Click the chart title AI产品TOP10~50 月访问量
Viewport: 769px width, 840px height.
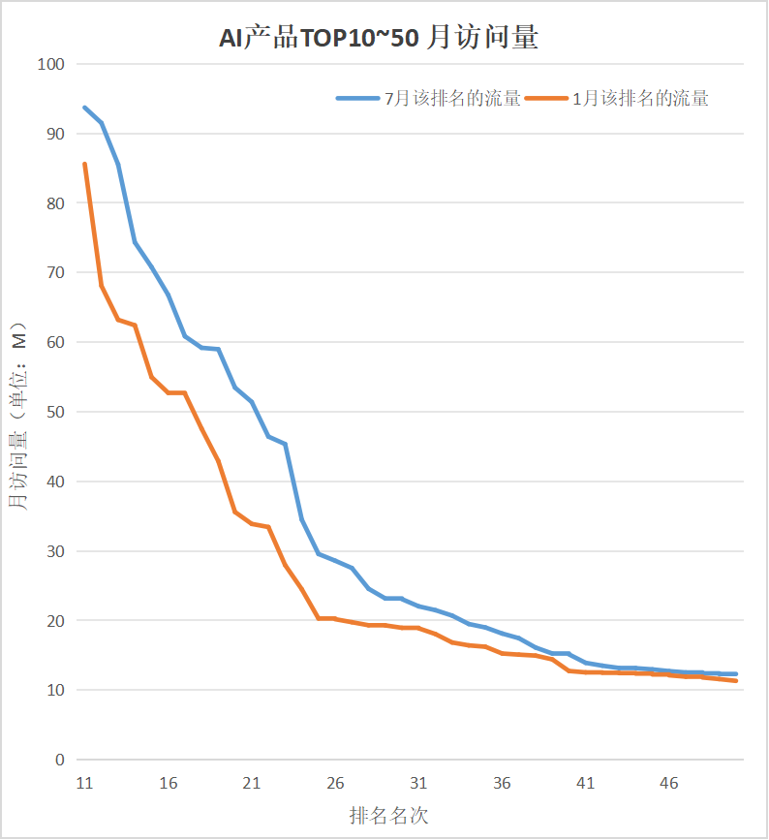click(x=378, y=38)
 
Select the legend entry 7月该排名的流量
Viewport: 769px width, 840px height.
click(x=452, y=98)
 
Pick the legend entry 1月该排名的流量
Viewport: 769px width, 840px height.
click(x=640, y=98)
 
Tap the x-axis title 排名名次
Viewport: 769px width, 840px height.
click(x=388, y=815)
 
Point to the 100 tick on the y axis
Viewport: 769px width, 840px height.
click(x=50, y=64)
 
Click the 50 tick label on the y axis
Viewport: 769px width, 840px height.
click(x=54, y=412)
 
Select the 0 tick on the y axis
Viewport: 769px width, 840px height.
click(x=59, y=760)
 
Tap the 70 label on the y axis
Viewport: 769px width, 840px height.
click(x=54, y=273)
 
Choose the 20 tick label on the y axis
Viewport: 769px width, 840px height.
click(x=54, y=620)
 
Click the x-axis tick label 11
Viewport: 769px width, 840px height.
click(x=84, y=783)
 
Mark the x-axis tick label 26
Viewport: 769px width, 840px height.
click(x=335, y=783)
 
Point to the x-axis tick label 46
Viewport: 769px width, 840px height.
click(x=669, y=783)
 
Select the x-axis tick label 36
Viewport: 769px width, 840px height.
click(x=502, y=783)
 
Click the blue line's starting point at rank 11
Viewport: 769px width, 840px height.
click(x=84, y=108)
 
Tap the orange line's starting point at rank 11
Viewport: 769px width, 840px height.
click(x=84, y=164)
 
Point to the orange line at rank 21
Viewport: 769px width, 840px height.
click(x=252, y=523)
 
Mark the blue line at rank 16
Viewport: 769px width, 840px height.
click(x=169, y=295)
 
